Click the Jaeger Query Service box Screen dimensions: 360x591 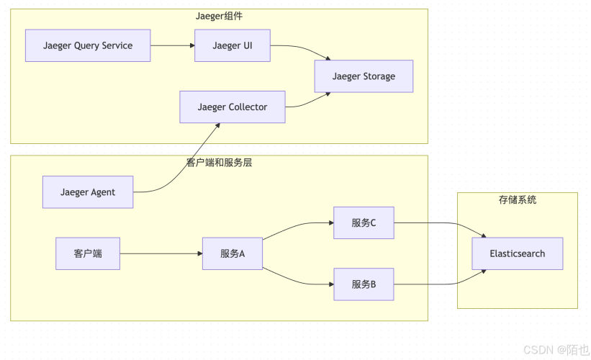[x=88, y=45]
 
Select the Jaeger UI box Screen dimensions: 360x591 [x=232, y=45]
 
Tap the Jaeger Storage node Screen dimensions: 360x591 [x=364, y=76]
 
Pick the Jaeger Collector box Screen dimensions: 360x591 [x=232, y=107]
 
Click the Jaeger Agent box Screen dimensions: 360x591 [x=87, y=192]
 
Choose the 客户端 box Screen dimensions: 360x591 [x=88, y=253]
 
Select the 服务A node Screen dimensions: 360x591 [x=233, y=253]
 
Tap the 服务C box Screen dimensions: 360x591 [x=364, y=222]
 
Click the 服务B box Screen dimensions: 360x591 [x=364, y=284]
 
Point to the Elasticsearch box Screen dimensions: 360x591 [x=517, y=253]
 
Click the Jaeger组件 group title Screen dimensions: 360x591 [x=219, y=16]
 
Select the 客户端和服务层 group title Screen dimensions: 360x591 [x=219, y=163]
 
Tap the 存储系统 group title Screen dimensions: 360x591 [x=517, y=199]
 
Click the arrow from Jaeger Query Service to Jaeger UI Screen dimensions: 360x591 [x=173, y=45]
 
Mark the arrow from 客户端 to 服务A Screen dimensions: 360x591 [x=161, y=253]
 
